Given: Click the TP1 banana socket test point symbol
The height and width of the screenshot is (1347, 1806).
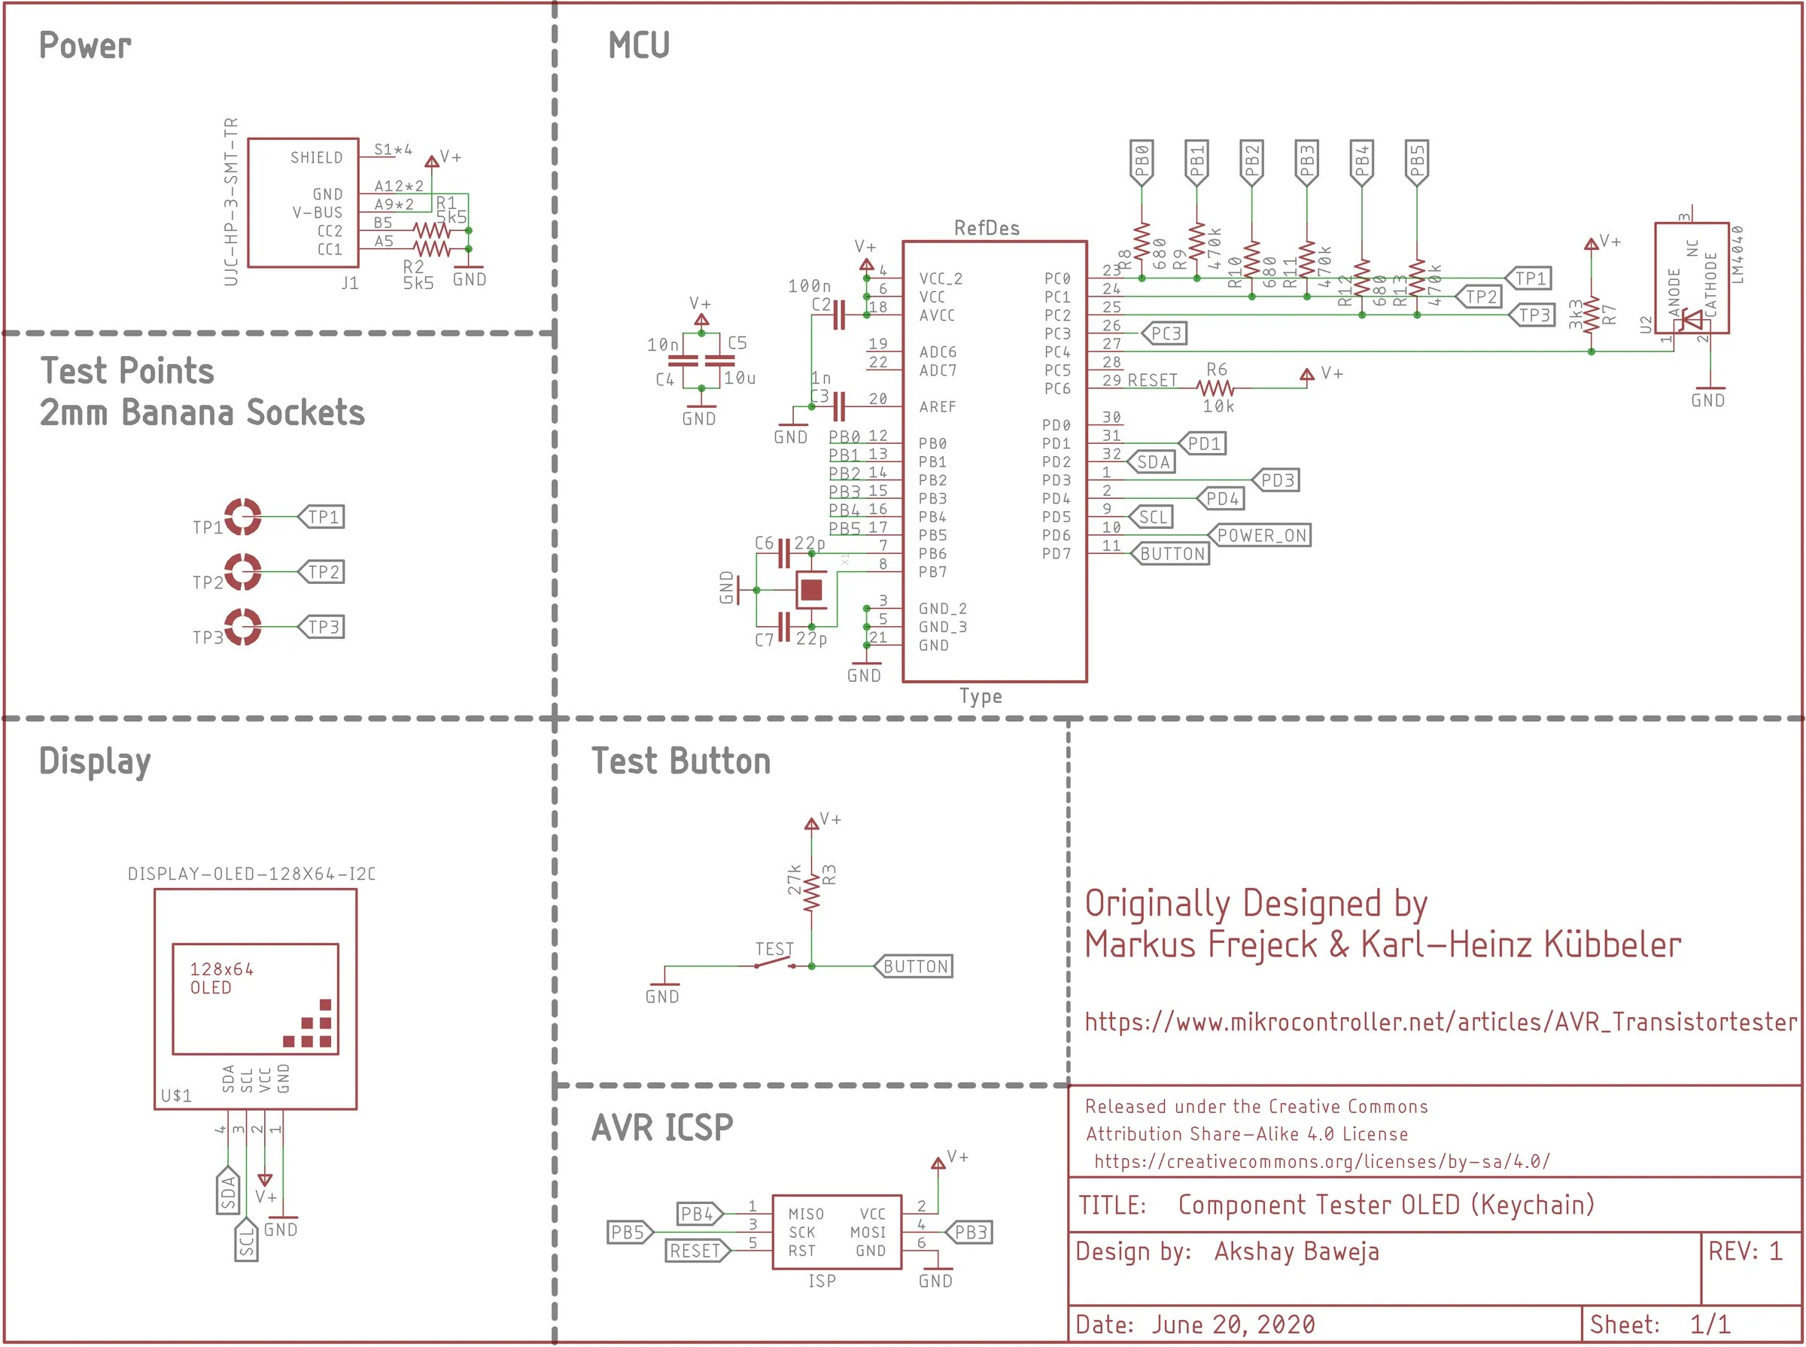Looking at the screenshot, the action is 243,516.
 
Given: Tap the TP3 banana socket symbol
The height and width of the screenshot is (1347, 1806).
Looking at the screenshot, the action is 243,626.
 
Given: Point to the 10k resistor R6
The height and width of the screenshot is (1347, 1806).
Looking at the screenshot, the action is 1216,388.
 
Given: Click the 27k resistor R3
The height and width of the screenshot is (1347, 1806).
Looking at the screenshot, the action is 811,892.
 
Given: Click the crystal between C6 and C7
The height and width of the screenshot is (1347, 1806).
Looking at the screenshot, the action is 811,588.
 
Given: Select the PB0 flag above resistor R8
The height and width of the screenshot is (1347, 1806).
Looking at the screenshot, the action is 1142,162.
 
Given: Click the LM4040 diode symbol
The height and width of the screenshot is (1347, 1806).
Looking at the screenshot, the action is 1692,319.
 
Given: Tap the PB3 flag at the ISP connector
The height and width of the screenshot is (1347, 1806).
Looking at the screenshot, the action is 968,1231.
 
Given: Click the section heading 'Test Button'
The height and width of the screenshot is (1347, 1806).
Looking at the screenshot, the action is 681,761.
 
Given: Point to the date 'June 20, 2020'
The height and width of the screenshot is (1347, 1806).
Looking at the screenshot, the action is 1233,1324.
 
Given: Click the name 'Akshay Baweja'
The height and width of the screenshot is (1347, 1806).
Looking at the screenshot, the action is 1297,1251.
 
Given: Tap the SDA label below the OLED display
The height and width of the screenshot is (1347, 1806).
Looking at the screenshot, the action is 228,1191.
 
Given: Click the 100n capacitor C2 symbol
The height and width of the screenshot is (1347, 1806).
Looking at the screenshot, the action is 839,315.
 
